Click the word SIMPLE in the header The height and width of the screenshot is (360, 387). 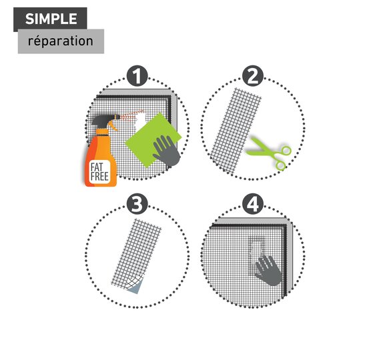51,19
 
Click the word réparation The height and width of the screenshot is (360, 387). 61,41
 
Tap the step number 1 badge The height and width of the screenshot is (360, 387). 137,76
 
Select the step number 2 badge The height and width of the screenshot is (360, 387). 253,76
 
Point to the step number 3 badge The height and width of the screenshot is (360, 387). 137,204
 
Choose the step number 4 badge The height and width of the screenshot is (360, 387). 253,204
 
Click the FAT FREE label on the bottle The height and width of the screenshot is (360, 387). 99,172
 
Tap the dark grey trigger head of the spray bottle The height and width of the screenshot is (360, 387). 105,121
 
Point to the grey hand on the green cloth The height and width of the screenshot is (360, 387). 167,151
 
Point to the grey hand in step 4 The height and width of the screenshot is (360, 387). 268,271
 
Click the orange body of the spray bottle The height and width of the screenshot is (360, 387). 101,160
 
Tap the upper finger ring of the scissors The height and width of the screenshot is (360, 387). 286,151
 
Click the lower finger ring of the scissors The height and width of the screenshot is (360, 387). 281,165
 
